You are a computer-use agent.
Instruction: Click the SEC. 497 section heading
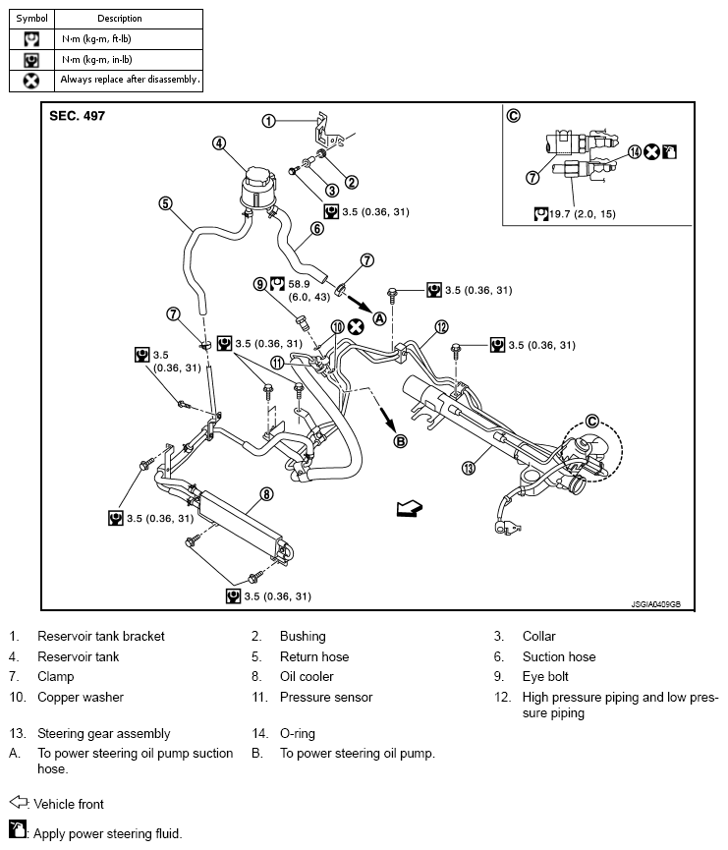[77, 116]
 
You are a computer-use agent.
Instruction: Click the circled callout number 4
[219, 143]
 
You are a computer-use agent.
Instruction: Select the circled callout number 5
[165, 203]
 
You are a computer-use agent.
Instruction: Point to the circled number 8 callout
[266, 494]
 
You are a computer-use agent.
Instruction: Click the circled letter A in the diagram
[379, 318]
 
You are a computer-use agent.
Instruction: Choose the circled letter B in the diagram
[400, 441]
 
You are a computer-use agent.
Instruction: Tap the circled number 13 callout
[469, 468]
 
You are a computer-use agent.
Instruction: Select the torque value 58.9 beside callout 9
[300, 284]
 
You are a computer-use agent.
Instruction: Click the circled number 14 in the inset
[635, 152]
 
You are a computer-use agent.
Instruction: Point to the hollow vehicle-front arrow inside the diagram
[410, 508]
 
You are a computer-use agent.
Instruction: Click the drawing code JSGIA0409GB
[656, 604]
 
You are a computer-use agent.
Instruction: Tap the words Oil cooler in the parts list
[307, 676]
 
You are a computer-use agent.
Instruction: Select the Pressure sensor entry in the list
[326, 697]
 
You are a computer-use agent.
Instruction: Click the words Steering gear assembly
[103, 733]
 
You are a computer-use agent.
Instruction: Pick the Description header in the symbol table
[120, 19]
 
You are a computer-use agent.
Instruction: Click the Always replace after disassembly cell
[130, 80]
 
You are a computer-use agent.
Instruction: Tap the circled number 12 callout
[442, 327]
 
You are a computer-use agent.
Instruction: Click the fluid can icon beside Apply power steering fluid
[18, 830]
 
